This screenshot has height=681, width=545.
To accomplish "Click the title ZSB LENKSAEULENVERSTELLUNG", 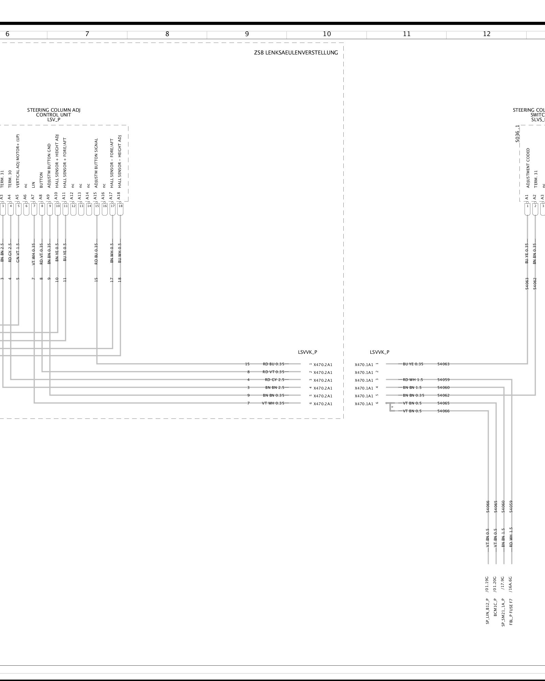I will (x=296, y=53).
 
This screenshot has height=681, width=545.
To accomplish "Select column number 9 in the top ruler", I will (x=247, y=34).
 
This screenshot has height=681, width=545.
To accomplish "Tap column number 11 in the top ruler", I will (x=407, y=34).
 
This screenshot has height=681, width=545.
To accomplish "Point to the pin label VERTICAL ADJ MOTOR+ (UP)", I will (x=18, y=161).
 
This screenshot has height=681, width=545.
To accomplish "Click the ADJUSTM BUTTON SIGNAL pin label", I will (x=96, y=163).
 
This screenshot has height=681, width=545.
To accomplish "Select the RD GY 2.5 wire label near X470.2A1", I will (x=275, y=380).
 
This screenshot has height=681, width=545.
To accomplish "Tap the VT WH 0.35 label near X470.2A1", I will (x=273, y=403).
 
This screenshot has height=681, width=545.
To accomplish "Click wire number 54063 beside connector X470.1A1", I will (x=443, y=364).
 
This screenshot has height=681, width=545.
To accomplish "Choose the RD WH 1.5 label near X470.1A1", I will (x=412, y=380).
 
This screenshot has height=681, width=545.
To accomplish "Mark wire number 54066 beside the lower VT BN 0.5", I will (x=443, y=411).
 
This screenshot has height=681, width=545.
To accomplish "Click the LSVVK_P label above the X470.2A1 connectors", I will (x=307, y=352).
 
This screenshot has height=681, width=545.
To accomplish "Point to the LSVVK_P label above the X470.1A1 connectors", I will (x=379, y=352).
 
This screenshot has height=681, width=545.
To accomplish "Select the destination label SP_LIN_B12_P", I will (x=487, y=611).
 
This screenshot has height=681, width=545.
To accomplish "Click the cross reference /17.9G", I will (x=503, y=583).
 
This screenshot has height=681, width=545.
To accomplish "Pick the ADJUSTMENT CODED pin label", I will (x=528, y=168).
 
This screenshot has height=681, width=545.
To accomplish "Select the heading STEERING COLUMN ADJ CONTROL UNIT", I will (x=54, y=115).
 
